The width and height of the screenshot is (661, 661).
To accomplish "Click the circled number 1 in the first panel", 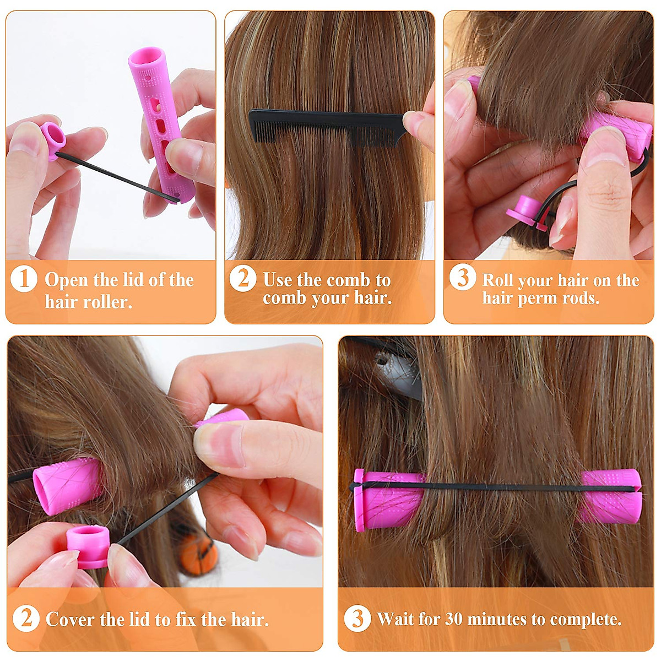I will coord(24,279).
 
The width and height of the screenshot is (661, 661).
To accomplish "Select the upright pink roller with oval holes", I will coord(160,124).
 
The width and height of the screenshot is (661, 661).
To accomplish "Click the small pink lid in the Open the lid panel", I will coord(52,138).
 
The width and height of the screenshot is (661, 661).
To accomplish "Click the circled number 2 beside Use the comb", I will coord(243,279).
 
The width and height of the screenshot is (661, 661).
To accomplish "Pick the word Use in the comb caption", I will coord(277,280).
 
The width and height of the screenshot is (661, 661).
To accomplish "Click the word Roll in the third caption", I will coord(499,280).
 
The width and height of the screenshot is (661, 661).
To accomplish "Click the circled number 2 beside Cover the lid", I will coord(26,619).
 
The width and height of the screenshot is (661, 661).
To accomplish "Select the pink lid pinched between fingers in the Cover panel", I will coord(87,545).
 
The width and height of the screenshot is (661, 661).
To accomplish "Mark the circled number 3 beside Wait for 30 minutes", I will coord(357,619).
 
